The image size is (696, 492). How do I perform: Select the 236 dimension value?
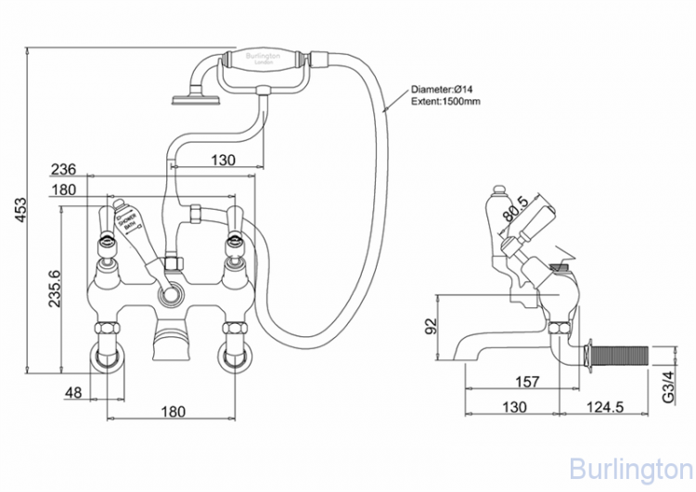click(x=63, y=169)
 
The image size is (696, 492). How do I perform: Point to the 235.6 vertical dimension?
click(x=53, y=287)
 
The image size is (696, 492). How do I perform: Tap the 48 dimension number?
click(x=74, y=393)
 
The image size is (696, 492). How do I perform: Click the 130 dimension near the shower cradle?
click(x=222, y=160)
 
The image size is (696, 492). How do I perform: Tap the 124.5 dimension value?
click(x=606, y=407)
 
